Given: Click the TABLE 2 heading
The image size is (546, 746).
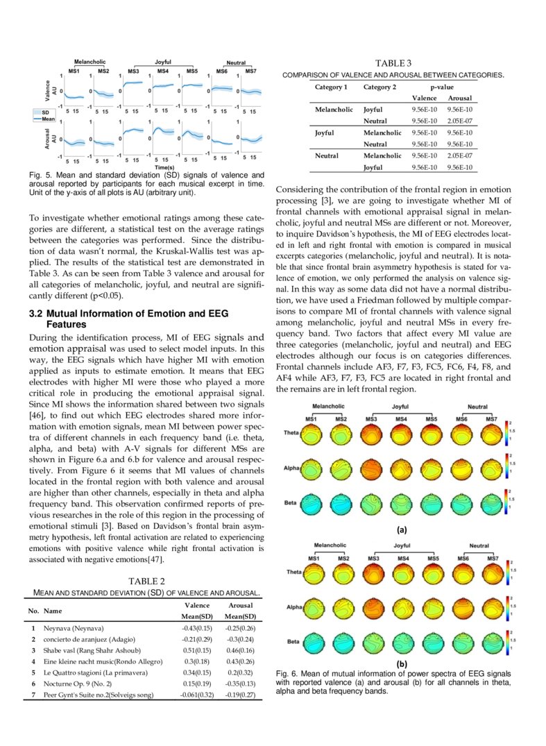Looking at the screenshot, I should coord(146,581).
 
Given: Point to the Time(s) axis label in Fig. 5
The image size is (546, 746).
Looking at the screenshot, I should coord(164,168).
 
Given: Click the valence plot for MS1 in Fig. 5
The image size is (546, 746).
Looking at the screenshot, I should coord(74,91).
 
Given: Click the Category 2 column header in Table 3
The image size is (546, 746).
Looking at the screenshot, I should coord(379,87).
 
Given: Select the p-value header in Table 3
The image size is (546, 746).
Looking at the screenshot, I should coord(441,87).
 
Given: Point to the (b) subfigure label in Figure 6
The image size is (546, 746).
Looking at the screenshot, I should coord(401,664).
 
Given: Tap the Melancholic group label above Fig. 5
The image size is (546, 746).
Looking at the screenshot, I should coord(90,62).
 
